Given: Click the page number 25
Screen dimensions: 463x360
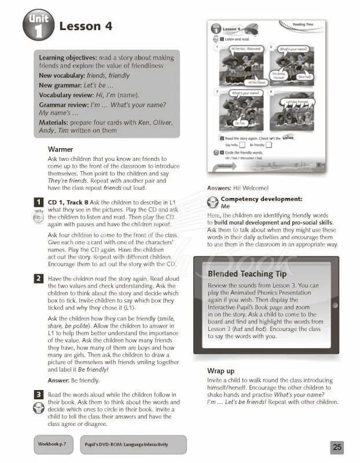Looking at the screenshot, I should tap(337, 447).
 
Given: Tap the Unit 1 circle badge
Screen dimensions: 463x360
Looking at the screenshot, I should tap(39, 26).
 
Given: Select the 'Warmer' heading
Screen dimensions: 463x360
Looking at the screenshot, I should tap(61, 149).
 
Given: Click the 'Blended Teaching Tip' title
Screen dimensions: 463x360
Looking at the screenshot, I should tap(248, 274).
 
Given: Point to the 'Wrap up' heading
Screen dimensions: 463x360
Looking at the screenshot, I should tap(221, 370).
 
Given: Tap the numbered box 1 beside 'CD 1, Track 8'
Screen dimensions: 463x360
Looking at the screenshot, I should tap(38, 201).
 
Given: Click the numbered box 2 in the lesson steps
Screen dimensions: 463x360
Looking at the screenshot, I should tap(38, 278).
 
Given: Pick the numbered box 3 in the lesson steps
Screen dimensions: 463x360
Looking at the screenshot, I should tap(38, 394).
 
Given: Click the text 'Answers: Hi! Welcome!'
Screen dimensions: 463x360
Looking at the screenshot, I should tap(237, 188).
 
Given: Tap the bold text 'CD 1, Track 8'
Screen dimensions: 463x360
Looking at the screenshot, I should tap(68, 201).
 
